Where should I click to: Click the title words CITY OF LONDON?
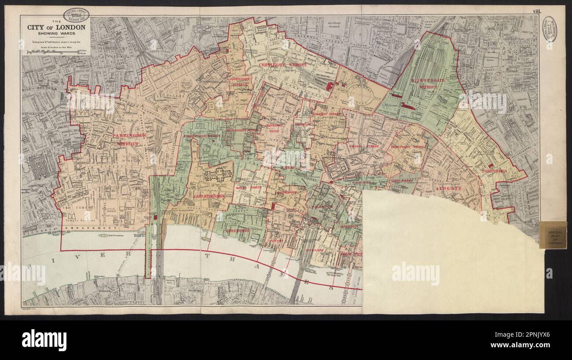tap(56, 27)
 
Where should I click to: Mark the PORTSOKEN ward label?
tap(494, 171)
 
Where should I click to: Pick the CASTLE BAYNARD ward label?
tap(209, 195)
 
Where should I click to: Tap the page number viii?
tap(536, 11)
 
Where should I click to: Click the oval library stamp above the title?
tap(76, 15)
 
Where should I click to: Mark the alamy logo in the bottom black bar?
tap(44, 340)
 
